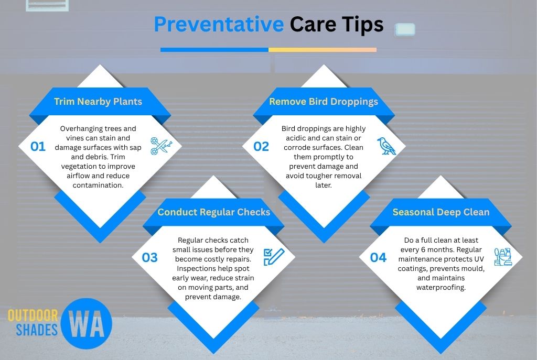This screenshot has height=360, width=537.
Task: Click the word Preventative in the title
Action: pyautogui.click(x=219, y=24)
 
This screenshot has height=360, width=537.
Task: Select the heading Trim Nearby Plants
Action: pyautogui.click(x=98, y=102)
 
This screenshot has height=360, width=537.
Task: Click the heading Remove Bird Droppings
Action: pyautogui.click(x=324, y=102)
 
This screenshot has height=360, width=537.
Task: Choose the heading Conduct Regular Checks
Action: pyautogui.click(x=214, y=212)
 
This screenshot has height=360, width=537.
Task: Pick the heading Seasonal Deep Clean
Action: pyautogui.click(x=441, y=212)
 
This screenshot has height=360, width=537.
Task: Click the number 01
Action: pyautogui.click(x=38, y=147)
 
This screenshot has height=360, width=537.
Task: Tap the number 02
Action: pyautogui.click(x=261, y=147)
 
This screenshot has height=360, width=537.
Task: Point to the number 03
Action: pyautogui.click(x=149, y=258)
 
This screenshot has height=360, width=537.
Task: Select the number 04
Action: pyautogui.click(x=378, y=258)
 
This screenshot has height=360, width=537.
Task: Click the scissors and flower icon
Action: pyautogui.click(x=162, y=146)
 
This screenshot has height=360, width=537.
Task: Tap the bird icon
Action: pyautogui.click(x=386, y=146)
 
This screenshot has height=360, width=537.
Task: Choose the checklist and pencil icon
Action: pyautogui.click(x=274, y=257)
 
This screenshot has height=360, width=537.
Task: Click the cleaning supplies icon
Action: pyautogui.click(x=503, y=257)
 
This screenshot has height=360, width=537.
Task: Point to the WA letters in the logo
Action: pyautogui.click(x=87, y=324)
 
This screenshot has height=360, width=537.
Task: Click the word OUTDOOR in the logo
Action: pyautogui.click(x=33, y=316)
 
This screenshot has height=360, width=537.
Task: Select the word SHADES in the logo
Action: pyautogui.click(x=37, y=330)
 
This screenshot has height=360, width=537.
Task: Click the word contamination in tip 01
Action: pyautogui.click(x=98, y=185)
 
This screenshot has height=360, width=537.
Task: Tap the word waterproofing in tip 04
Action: pyautogui.click(x=441, y=288)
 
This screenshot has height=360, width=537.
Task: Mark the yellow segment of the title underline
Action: pyautogui.click(x=323, y=50)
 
